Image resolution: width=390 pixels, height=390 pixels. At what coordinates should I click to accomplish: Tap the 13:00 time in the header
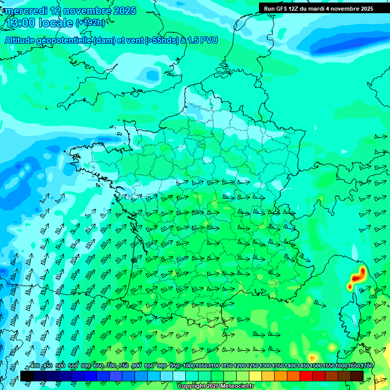pos(21,22)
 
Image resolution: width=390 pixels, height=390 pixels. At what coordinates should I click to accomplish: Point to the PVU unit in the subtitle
pos(209,40)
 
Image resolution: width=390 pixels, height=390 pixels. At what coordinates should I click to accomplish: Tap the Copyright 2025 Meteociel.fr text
pos(216,386)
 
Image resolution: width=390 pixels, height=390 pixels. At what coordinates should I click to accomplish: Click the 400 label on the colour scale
pos(35,366)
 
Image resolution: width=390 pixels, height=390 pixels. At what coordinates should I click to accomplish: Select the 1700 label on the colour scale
pos(366,366)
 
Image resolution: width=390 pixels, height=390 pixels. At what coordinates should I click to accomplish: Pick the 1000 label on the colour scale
pos(188,366)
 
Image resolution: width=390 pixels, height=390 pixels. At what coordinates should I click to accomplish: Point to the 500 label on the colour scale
pos(60,366)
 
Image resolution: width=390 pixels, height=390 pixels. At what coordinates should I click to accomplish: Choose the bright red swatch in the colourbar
pos(306,376)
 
